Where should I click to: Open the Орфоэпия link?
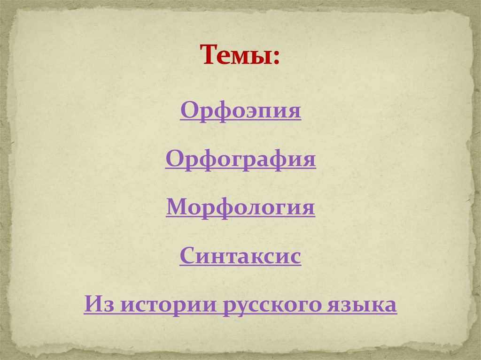point(240,112)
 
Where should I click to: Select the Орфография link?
point(240,160)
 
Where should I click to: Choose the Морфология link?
point(240,207)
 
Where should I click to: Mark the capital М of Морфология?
point(176,207)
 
